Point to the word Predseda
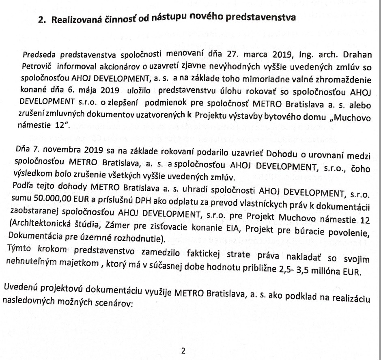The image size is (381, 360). click(40, 55)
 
